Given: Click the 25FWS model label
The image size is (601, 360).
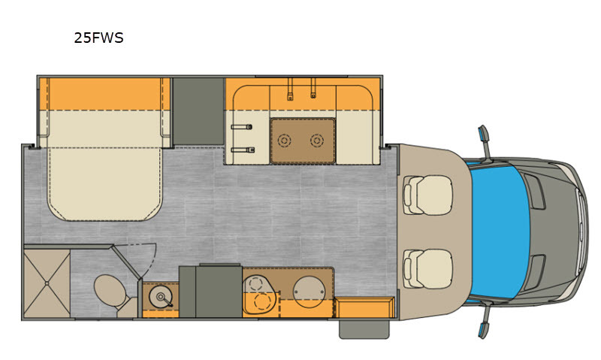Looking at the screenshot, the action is click(x=98, y=38).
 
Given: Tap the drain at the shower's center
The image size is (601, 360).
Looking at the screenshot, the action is click(x=47, y=283).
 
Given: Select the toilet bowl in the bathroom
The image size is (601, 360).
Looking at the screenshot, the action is click(x=110, y=289).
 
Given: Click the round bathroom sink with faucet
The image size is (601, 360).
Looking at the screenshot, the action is click(x=160, y=297).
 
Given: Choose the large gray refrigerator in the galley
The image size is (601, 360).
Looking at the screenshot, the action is click(x=219, y=291).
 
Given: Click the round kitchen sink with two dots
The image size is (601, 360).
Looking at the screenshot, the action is click(x=309, y=292).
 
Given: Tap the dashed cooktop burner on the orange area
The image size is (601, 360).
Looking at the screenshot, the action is click(x=262, y=302).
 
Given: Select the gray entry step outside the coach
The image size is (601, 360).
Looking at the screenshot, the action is click(x=364, y=329).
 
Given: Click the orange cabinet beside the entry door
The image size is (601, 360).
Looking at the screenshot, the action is click(x=364, y=307).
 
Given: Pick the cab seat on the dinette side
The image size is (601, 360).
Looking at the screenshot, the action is click(x=427, y=195).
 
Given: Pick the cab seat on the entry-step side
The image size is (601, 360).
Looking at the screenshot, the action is click(x=427, y=269).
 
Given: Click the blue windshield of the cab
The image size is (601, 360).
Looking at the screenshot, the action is click(x=500, y=231).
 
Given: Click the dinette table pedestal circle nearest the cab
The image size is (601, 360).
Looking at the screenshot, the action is click(x=316, y=141).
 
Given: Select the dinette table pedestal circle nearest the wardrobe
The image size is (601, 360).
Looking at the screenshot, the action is click(x=284, y=141).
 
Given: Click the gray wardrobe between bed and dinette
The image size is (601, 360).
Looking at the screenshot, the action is click(x=198, y=111).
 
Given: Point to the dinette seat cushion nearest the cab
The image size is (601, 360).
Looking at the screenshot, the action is click(x=355, y=138).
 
